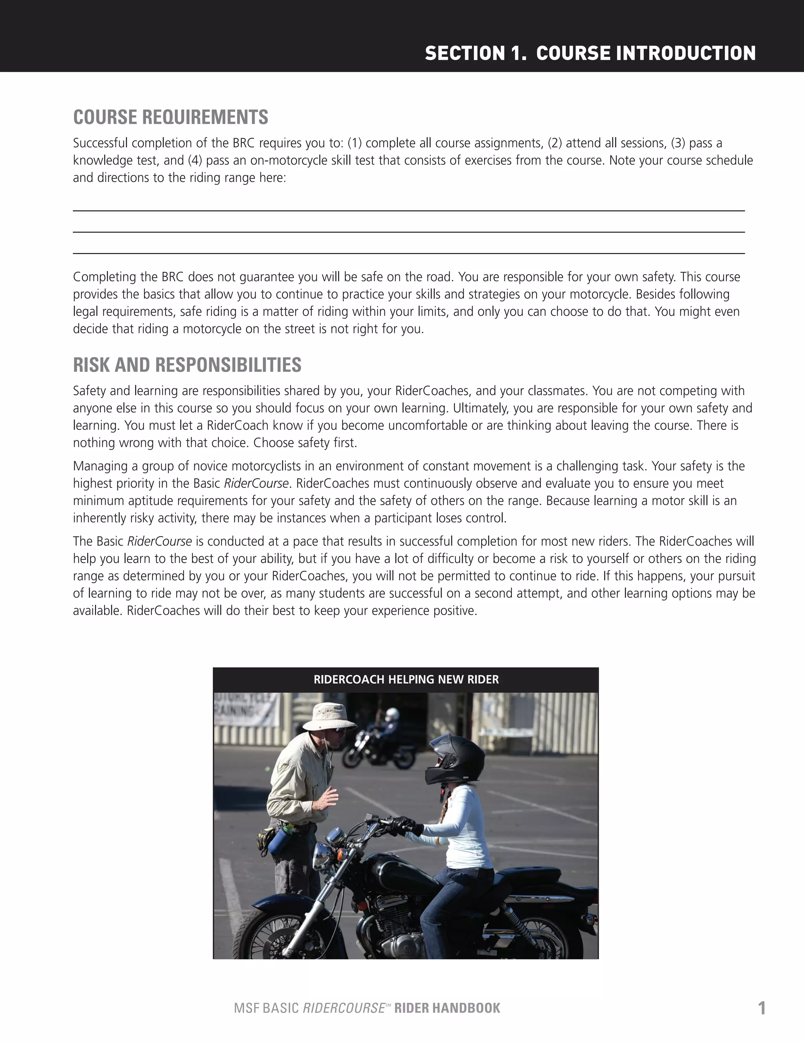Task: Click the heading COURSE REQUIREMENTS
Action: (x=171, y=118)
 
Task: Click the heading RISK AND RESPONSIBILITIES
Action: (x=187, y=365)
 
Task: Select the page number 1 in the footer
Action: (x=762, y=1008)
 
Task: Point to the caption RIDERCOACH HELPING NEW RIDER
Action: (x=406, y=679)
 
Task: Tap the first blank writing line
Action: (x=409, y=211)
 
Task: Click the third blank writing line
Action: (x=409, y=253)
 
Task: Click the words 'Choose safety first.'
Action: (x=305, y=443)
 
